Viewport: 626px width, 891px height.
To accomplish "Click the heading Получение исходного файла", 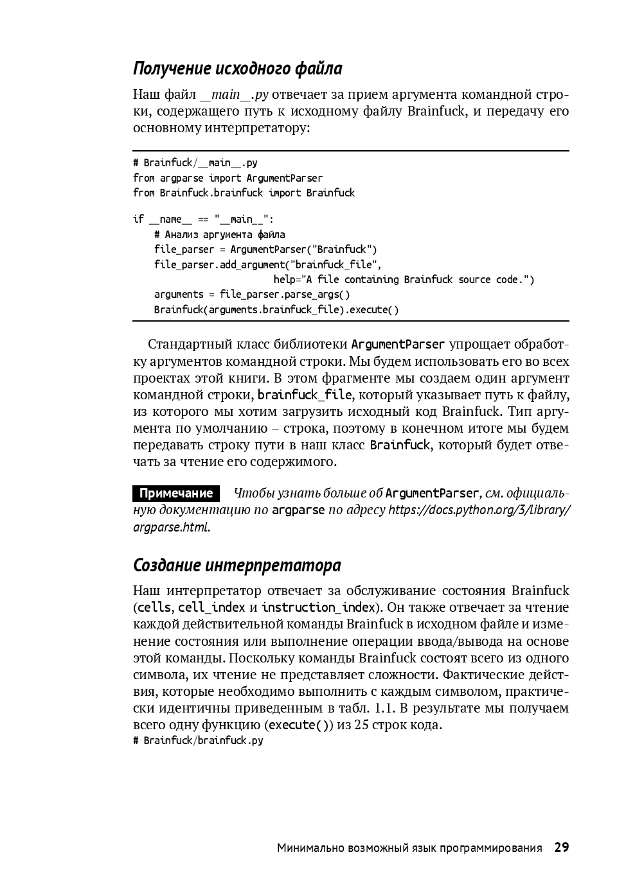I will click(x=237, y=69).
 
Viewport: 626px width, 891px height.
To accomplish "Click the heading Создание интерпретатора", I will click(x=237, y=566).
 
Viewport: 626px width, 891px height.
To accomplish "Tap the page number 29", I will click(x=562, y=847).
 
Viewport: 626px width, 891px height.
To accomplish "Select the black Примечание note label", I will click(x=175, y=494).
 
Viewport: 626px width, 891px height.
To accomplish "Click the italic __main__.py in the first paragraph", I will click(x=234, y=95).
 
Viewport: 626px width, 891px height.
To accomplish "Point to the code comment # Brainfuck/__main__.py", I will click(x=195, y=163).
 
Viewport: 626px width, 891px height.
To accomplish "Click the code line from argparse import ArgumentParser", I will click(x=228, y=178).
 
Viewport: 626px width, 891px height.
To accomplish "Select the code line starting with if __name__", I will click(x=203, y=220).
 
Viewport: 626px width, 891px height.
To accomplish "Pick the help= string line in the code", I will click(x=403, y=279).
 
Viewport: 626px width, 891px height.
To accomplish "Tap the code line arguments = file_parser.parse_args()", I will click(x=252, y=295).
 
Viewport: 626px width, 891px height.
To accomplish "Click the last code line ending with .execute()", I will click(x=276, y=310).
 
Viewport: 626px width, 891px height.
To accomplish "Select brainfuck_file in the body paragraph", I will click(x=305, y=395).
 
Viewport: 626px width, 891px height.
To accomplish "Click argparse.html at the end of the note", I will click(x=170, y=528).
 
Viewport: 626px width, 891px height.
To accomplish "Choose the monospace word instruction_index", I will click(x=318, y=607).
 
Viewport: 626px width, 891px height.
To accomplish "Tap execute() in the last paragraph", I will click(x=300, y=725).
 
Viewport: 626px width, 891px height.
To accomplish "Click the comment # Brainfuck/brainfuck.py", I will click(x=198, y=741).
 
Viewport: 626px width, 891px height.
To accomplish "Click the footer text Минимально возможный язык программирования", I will click(x=409, y=848).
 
